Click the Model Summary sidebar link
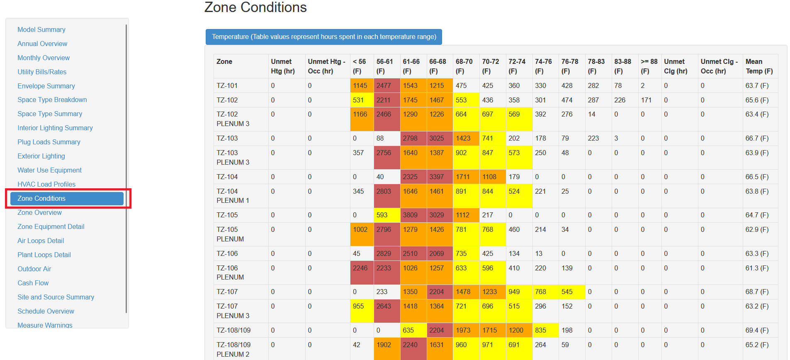[x=41, y=29]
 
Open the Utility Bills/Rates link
[x=42, y=72]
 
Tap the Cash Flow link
[x=33, y=283]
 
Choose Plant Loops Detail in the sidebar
[x=44, y=255]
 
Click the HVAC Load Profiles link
[x=46, y=184]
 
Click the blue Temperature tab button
[x=323, y=37]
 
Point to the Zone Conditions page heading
[x=255, y=7]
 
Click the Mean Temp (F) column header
[x=759, y=66]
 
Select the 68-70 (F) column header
[x=464, y=66]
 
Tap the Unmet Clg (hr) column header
[x=676, y=66]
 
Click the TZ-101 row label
[x=227, y=86]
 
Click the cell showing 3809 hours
[x=410, y=215]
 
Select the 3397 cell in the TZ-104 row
[x=436, y=177]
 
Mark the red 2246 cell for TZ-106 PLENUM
[x=360, y=268]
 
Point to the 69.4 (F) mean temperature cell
[x=757, y=331]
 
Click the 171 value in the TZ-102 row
[x=646, y=100]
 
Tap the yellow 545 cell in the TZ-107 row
[x=567, y=292]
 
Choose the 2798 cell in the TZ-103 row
[x=410, y=139]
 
